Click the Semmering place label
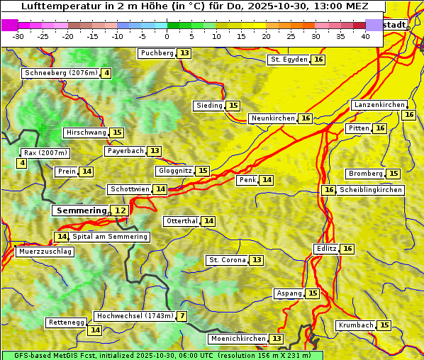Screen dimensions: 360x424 tap(81, 210)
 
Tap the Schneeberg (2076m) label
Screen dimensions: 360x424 tap(60, 73)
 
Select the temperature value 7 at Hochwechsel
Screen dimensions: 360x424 tap(182, 316)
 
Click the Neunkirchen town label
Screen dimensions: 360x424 tap(273, 118)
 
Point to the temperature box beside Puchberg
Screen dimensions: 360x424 tap(184, 53)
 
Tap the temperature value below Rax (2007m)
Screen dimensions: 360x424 tap(22, 164)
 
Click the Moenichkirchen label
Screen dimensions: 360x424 tap(238, 339)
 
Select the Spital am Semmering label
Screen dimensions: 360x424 tap(110, 237)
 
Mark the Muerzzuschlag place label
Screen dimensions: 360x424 tap(44, 252)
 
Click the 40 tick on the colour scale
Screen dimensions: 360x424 tap(365, 36)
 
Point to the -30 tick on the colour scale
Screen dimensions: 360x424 tap(18, 36)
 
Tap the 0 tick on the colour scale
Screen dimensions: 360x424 tap(167, 36)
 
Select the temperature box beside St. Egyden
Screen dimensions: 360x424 tap(319, 60)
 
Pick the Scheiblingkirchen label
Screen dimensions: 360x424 tap(370, 190)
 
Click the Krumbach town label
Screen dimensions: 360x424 tap(356, 325)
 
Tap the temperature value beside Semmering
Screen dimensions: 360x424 tap(121, 210)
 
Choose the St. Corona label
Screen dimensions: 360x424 tap(227, 260)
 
